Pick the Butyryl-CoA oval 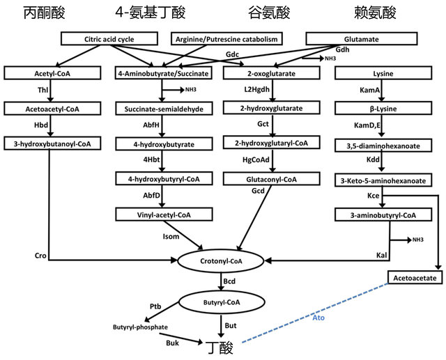point(222,302)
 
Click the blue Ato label point(318,318)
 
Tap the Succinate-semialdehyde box point(164,109)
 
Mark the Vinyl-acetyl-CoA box point(164,215)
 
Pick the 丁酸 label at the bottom point(217,345)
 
